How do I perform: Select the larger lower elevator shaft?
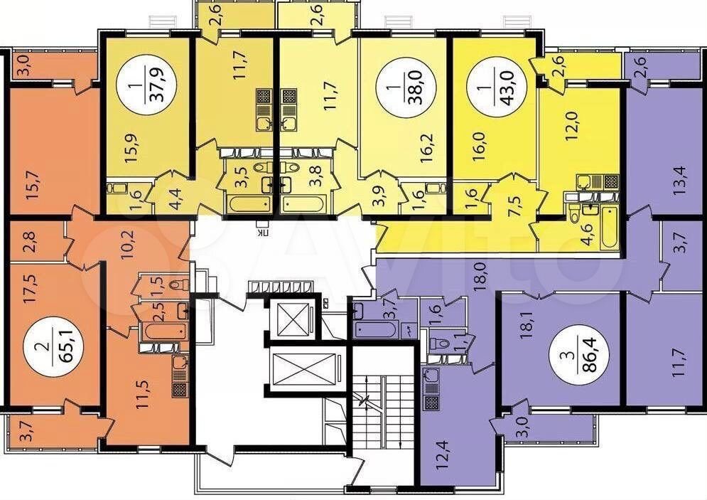point(306,368)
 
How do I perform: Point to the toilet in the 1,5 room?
point(180,284)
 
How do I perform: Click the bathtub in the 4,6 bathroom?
point(609,228)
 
